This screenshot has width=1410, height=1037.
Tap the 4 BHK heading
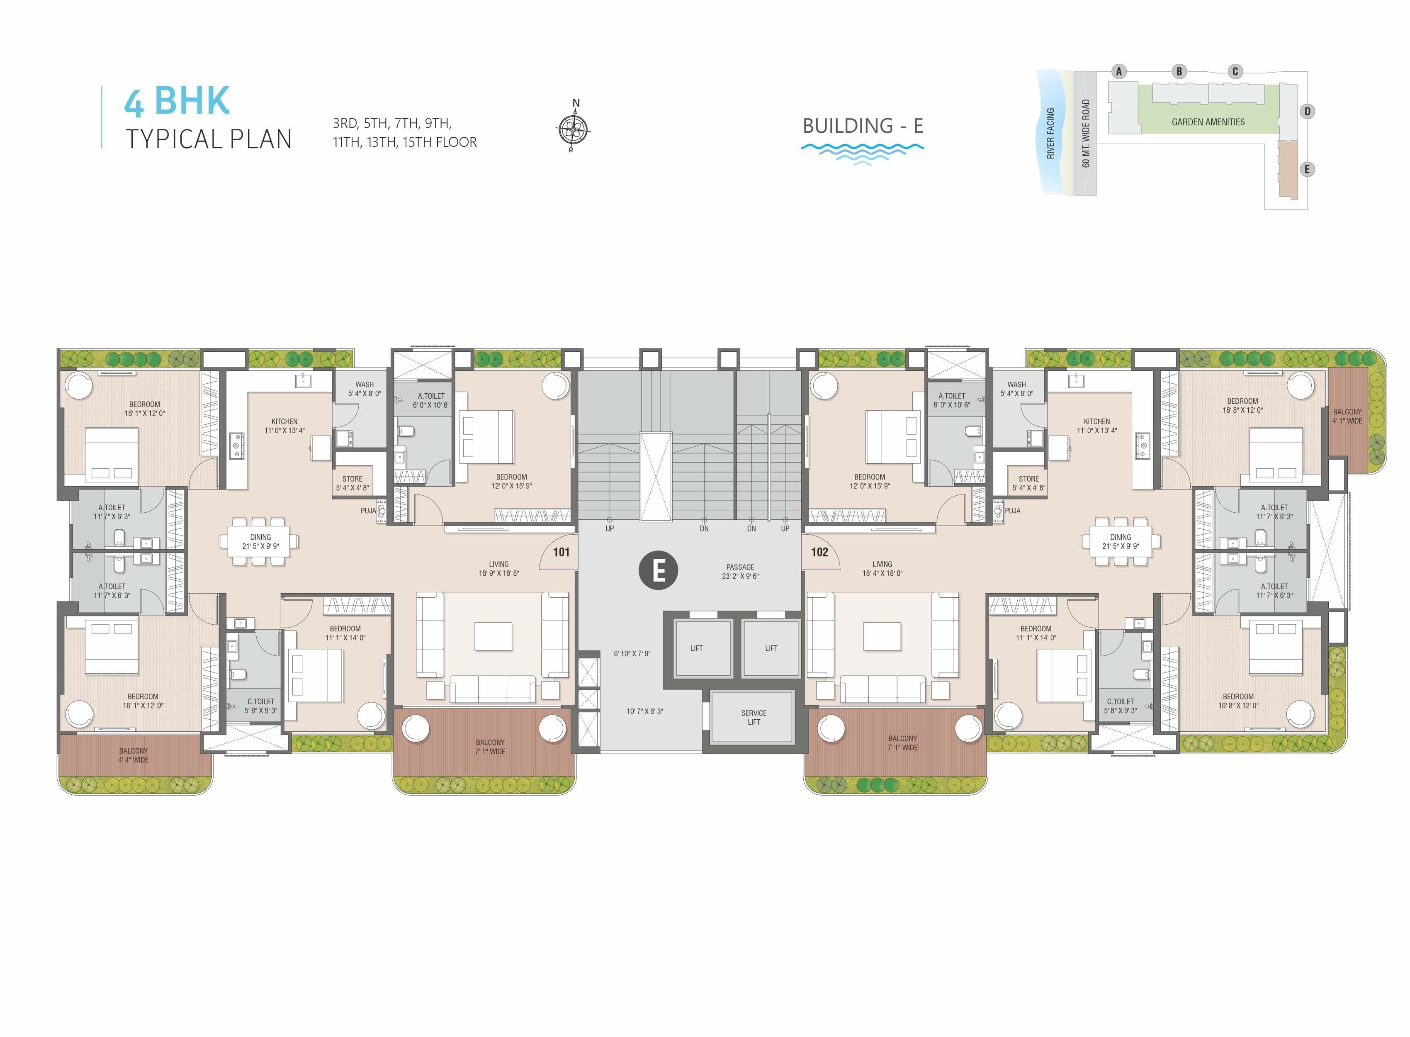coord(177,101)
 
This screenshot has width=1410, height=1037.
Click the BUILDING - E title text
coord(863,126)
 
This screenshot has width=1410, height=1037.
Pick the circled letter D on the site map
coord(1307,112)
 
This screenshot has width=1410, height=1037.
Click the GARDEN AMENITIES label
coord(1208,122)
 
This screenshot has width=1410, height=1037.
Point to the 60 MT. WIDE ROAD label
coord(1086,134)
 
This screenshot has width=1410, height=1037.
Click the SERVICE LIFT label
coord(754,718)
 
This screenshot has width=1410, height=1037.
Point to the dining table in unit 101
coord(260,542)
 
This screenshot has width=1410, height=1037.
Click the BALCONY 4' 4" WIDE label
coord(134,755)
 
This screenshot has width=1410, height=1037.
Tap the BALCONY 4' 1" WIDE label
coord(1347,416)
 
